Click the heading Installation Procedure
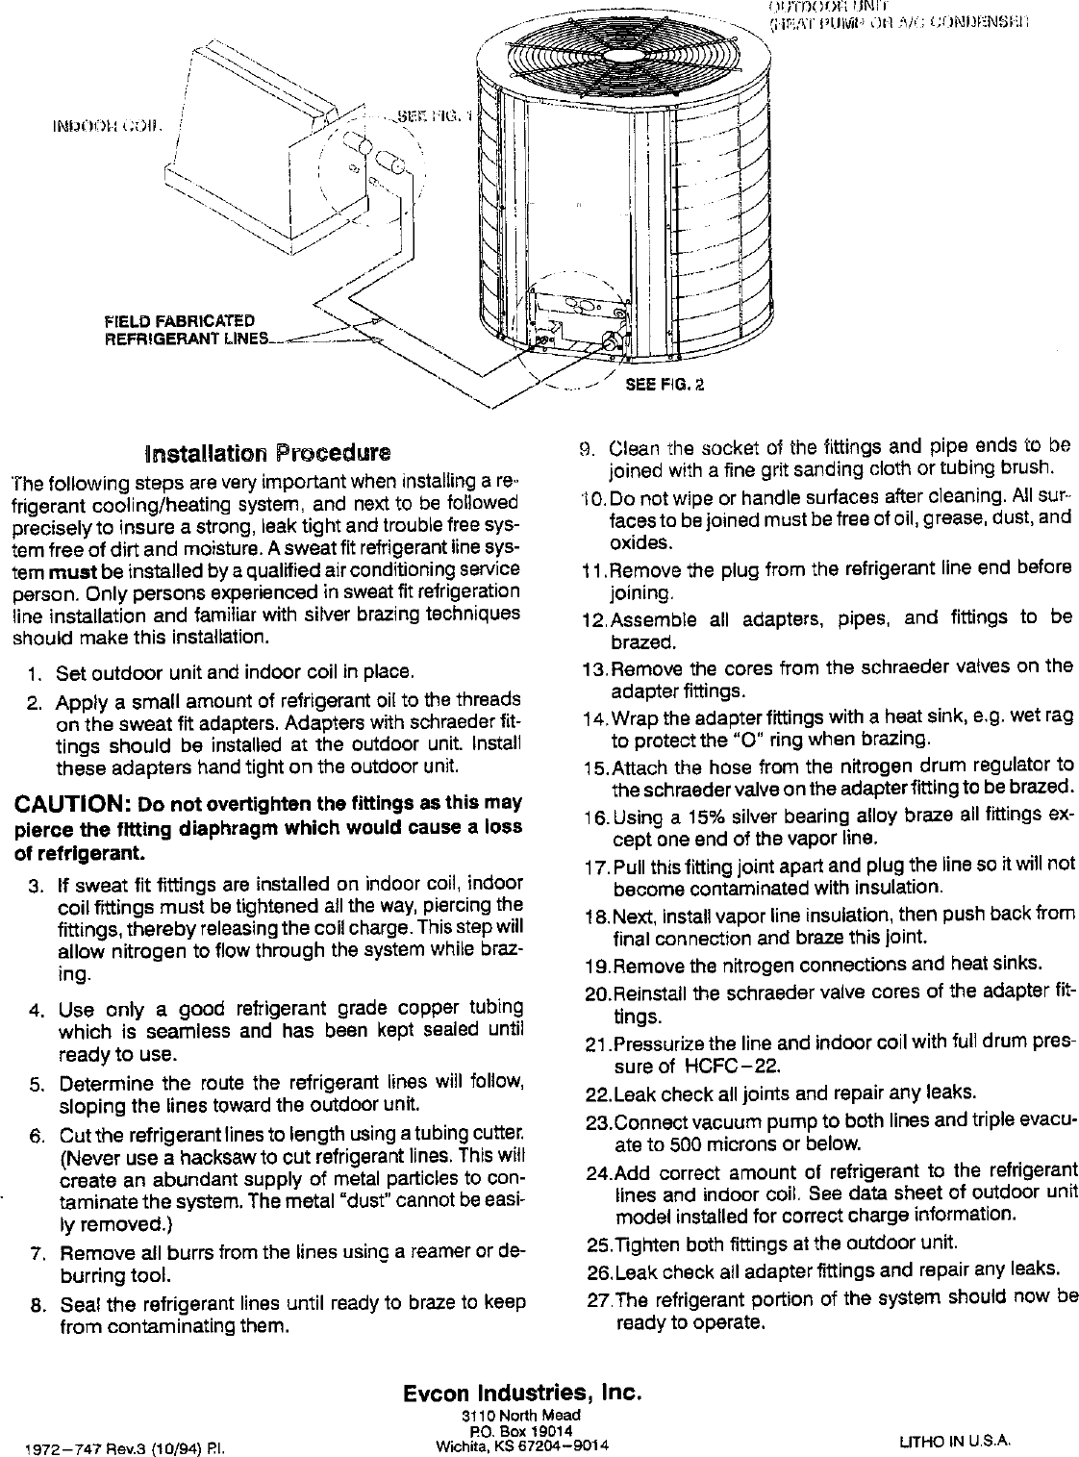tap(266, 451)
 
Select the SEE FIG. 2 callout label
tap(665, 386)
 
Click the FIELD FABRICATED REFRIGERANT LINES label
tap(183, 329)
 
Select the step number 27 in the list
tap(599, 1297)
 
